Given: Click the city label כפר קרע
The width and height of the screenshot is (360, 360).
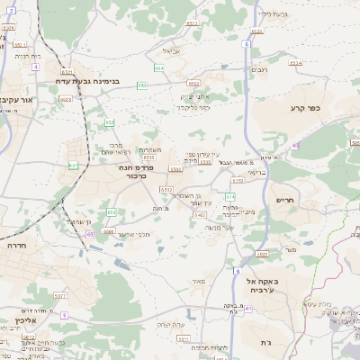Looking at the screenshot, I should [x=306, y=108].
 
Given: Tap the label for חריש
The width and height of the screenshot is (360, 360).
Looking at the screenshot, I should [x=287, y=201].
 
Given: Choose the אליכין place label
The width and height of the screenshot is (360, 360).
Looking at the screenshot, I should [x=24, y=319].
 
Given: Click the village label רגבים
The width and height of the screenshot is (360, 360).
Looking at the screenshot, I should [x=260, y=70].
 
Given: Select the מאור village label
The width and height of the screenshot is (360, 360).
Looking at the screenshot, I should [x=199, y=281].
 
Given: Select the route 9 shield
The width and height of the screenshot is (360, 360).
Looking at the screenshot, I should [x=66, y=315].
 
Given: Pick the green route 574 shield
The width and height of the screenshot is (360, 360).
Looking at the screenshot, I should [x=230, y=196].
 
